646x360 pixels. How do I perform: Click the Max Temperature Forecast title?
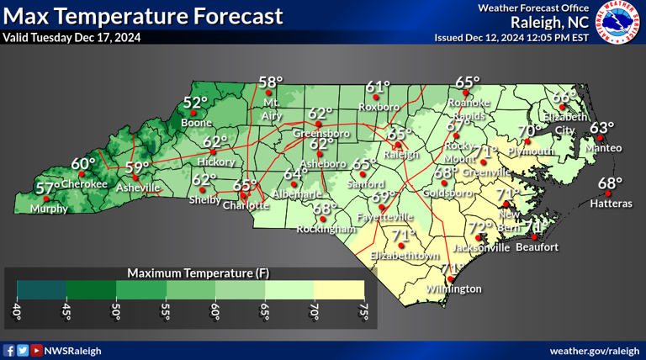[x=143, y=15]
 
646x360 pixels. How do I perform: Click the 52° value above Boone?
[x=196, y=103]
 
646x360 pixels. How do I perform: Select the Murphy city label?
[x=48, y=209]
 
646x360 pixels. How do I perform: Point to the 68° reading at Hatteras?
[x=610, y=183]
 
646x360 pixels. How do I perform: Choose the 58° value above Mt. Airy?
[x=271, y=82]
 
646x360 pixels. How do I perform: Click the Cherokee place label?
[x=85, y=183]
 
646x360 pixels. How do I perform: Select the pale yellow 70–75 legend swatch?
[x=339, y=289]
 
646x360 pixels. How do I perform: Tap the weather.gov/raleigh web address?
[x=595, y=350]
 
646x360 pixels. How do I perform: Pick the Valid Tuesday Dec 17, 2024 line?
[x=71, y=37]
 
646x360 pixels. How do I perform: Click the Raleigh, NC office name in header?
[x=544, y=23]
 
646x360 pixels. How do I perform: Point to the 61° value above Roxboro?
[x=379, y=86]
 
